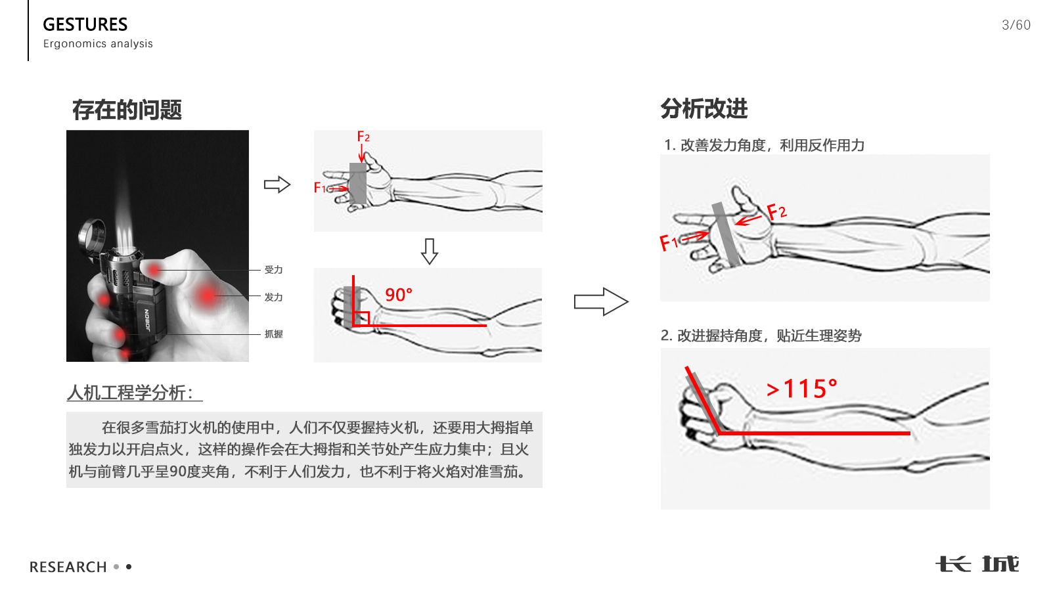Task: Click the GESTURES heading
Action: (x=85, y=24)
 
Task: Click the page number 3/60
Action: (x=1016, y=25)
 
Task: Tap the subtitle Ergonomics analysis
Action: (x=98, y=43)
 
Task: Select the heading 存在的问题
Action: (x=127, y=110)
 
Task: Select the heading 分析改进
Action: (x=704, y=108)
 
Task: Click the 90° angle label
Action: (x=398, y=295)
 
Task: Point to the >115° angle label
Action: (x=801, y=389)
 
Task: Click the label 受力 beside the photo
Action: (x=273, y=270)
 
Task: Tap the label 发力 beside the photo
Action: (x=273, y=297)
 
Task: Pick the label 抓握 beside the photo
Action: (x=273, y=334)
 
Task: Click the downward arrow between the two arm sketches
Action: (x=430, y=251)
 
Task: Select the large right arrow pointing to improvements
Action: (x=600, y=301)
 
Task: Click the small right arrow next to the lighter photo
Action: (x=277, y=185)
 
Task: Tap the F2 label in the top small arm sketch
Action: (x=363, y=137)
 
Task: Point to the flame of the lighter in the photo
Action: (x=124, y=217)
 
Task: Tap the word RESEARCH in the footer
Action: (x=68, y=567)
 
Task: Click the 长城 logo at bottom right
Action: (x=977, y=564)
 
